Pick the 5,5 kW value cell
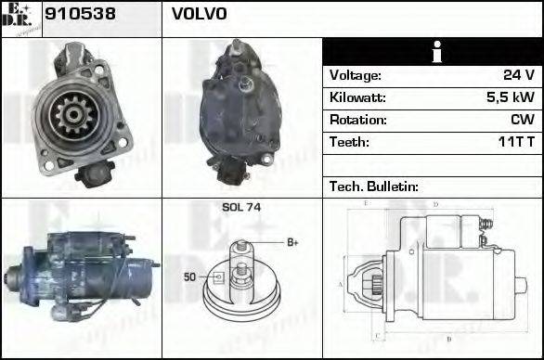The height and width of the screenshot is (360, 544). pyautogui.click(x=512, y=97)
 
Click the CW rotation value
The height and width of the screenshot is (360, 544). pyautogui.click(x=522, y=120)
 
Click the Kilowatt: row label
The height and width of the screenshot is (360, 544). pyautogui.click(x=357, y=97)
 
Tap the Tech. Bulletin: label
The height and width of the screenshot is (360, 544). pyautogui.click(x=374, y=186)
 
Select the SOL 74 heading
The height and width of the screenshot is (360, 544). pyautogui.click(x=240, y=207)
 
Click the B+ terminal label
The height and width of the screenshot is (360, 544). pyautogui.click(x=292, y=243)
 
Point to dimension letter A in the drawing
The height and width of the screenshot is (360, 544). pyautogui.click(x=341, y=283)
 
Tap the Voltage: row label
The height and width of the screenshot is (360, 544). pyautogui.click(x=355, y=75)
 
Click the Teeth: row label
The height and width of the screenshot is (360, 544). pyautogui.click(x=349, y=142)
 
